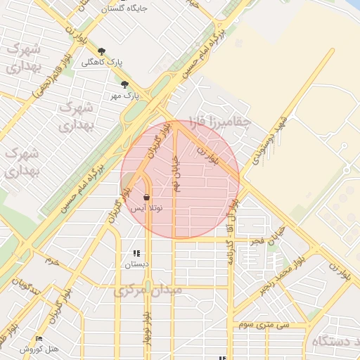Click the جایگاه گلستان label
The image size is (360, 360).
pyautogui.click(x=124, y=9)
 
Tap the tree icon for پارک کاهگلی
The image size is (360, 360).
pyautogui.click(x=102, y=51)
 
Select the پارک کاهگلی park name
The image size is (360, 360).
pyautogui.click(x=102, y=62)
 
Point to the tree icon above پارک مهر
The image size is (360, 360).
pyautogui.click(x=125, y=84)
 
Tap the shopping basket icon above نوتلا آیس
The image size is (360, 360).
pyautogui.click(x=146, y=198)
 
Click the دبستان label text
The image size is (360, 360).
pyautogui.click(x=136, y=264)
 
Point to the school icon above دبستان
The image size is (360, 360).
pyautogui.click(x=136, y=253)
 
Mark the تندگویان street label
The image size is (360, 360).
pyautogui.click(x=27, y=287)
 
